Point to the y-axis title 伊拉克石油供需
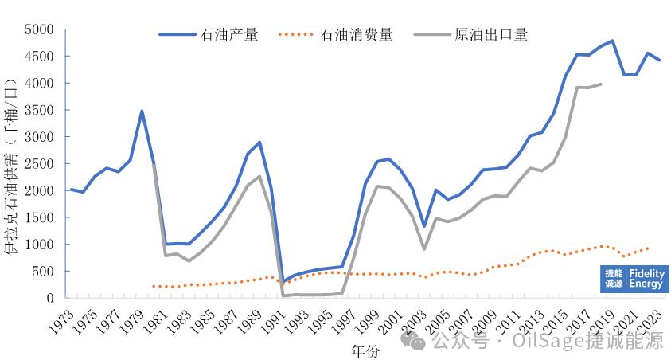tap(12, 167)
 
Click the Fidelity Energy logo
tap(634, 278)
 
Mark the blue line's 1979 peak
tap(142, 111)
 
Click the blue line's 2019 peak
tap(612, 41)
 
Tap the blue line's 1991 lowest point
tap(284, 282)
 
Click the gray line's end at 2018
tap(600, 84)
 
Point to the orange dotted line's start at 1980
tap(153, 286)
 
